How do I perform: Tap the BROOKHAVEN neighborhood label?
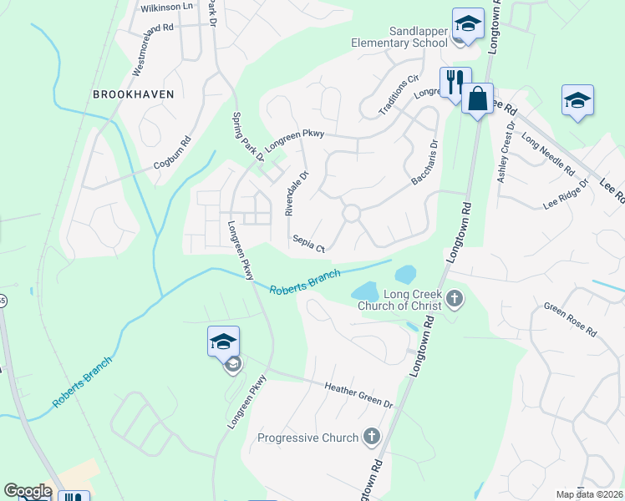point(134,94)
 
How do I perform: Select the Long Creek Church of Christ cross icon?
point(455,299)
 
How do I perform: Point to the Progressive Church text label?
point(307,438)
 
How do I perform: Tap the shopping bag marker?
point(477,100)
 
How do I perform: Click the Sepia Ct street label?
point(307,243)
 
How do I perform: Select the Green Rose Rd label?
point(570,320)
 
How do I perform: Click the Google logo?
point(28,491)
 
